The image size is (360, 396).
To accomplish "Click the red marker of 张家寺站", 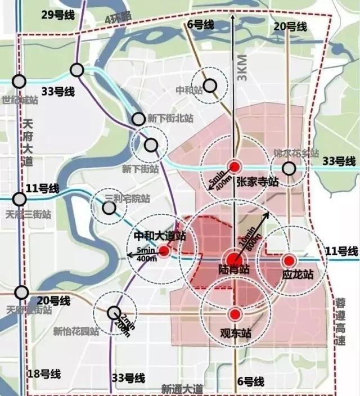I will [x=235, y=166].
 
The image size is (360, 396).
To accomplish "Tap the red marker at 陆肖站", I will [x=235, y=260].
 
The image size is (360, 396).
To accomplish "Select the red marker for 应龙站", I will [x=289, y=260].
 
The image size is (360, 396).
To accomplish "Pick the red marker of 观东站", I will [x=235, y=314].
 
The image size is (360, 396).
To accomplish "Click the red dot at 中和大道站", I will [x=164, y=251].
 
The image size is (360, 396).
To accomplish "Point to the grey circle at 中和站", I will [x=210, y=85].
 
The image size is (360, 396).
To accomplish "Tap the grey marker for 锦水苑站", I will [x=289, y=168].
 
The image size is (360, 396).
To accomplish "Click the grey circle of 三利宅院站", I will [x=109, y=208].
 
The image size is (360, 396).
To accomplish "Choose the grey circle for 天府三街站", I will [x=20, y=199].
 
